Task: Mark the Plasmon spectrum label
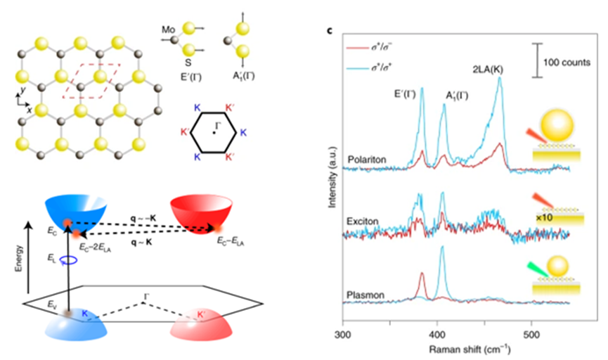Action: (x=363, y=295)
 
